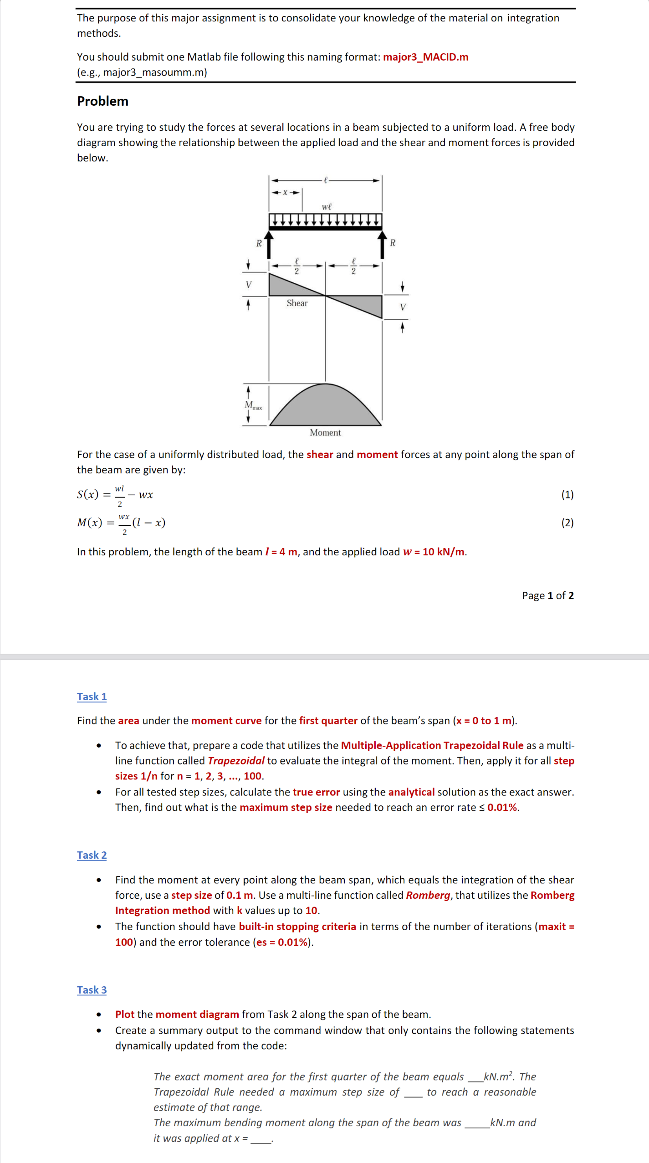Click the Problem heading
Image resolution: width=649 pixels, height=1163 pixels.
click(x=102, y=101)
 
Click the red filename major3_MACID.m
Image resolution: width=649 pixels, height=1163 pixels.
click(x=425, y=57)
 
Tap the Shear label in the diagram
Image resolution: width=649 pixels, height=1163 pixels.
click(x=297, y=303)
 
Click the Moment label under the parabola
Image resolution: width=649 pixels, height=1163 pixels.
click(x=325, y=432)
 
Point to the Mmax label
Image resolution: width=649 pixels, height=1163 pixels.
click(x=253, y=405)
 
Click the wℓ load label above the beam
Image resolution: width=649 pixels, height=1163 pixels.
click(x=327, y=207)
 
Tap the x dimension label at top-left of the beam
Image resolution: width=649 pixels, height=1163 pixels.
click(x=286, y=192)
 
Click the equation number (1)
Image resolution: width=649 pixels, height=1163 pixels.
click(x=567, y=495)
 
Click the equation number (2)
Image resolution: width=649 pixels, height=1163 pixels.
click(x=567, y=523)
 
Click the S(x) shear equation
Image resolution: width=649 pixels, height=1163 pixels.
click(x=115, y=495)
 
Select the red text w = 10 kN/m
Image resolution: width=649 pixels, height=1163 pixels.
click(x=434, y=552)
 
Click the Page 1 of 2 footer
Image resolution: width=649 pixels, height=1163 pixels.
click(x=547, y=595)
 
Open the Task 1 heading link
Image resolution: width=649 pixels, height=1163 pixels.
click(x=92, y=697)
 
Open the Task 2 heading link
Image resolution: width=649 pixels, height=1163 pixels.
click(x=92, y=855)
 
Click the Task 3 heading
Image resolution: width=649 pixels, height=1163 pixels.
click(x=92, y=990)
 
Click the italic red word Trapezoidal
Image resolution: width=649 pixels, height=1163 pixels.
click(x=236, y=761)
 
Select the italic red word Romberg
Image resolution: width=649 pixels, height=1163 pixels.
click(x=428, y=895)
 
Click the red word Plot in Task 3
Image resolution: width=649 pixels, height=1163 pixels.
click(x=124, y=1014)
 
